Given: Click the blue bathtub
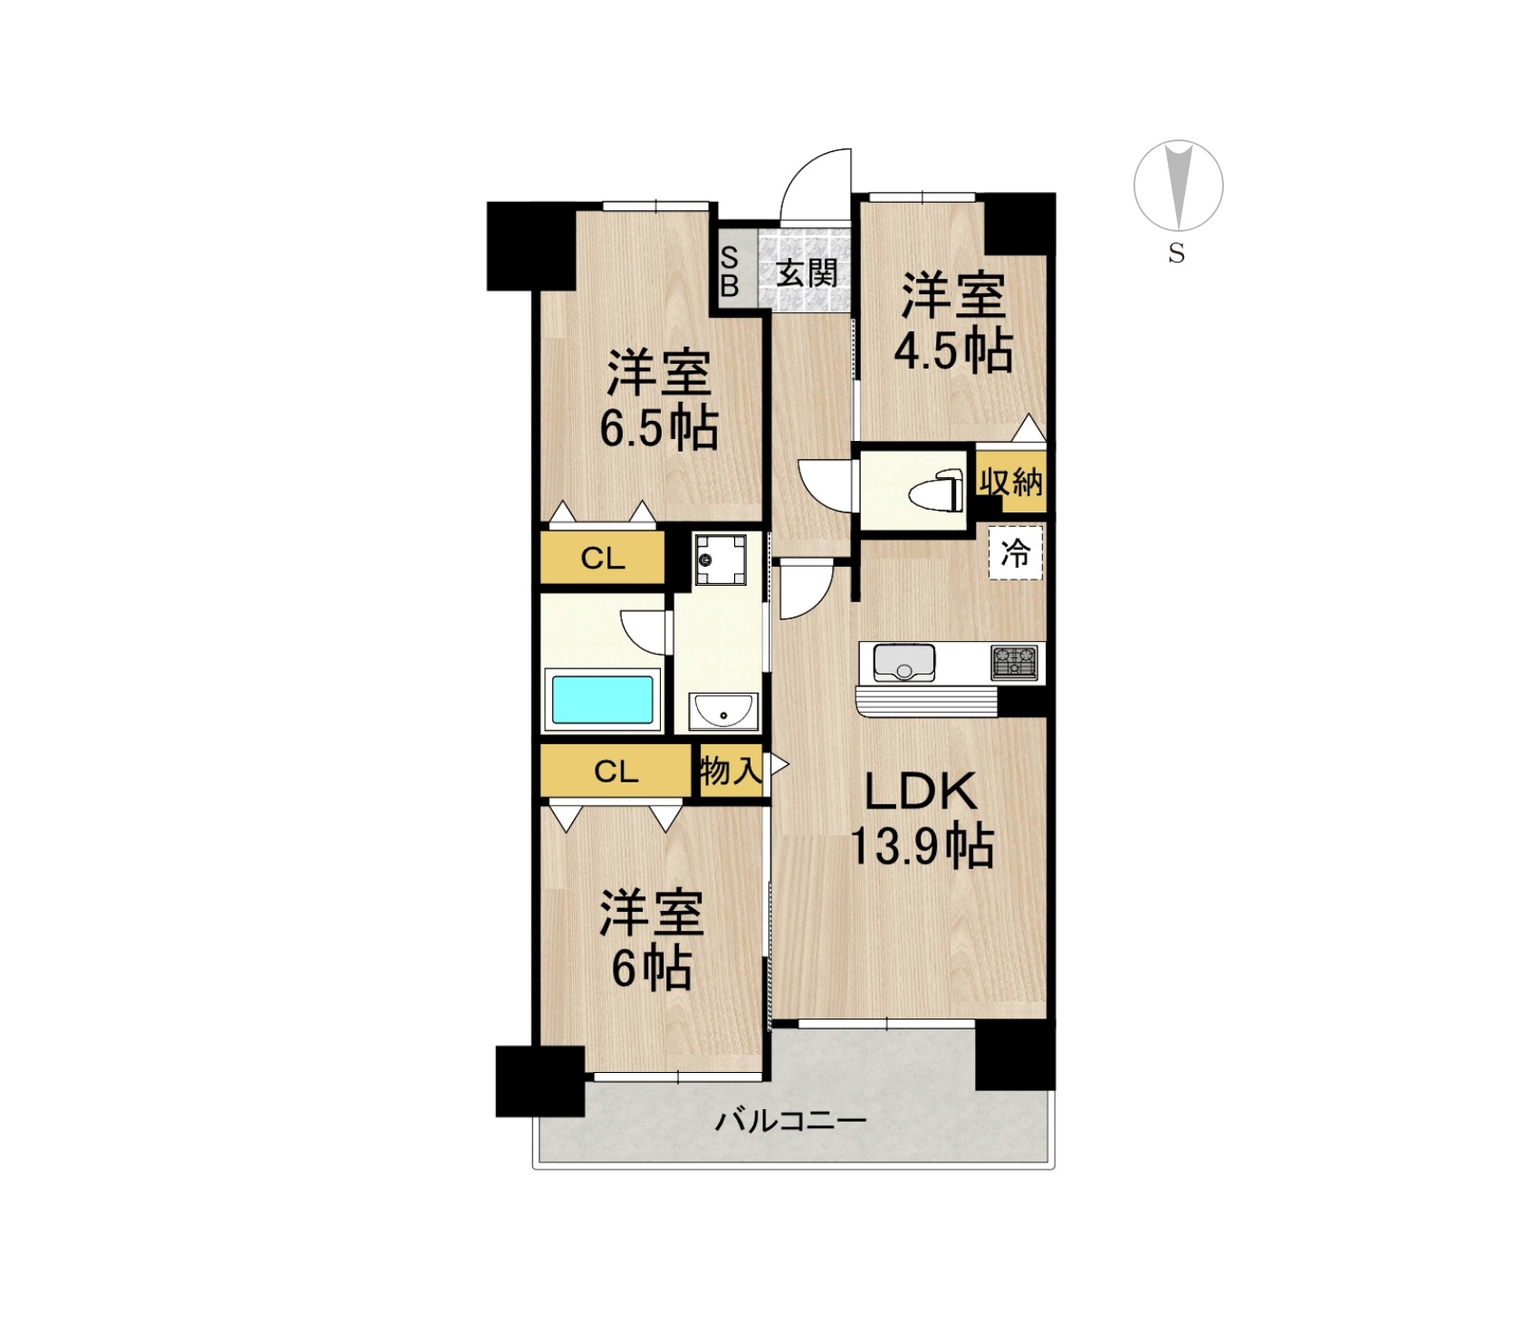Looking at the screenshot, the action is click(x=603, y=699).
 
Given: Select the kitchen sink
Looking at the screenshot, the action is click(x=903, y=663).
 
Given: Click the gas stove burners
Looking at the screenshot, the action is click(x=1014, y=663).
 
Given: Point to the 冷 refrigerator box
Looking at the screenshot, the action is click(x=1016, y=552).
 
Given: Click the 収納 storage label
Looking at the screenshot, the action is click(x=1010, y=482).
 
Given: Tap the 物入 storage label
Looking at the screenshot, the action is click(x=731, y=771).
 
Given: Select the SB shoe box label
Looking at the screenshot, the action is click(x=730, y=272).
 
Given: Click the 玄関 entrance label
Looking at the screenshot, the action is click(x=807, y=273).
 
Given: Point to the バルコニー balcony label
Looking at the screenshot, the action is click(x=791, y=1121).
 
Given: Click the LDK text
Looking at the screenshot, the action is click(x=921, y=791).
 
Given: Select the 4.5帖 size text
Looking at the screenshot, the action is click(x=953, y=350).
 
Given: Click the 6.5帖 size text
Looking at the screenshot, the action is click(x=659, y=427).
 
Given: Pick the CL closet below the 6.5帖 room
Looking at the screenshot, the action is click(x=603, y=558).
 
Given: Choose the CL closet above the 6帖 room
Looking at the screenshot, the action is click(x=617, y=771).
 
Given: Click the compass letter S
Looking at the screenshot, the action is click(x=1177, y=254).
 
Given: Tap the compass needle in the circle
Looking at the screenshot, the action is click(x=1179, y=186).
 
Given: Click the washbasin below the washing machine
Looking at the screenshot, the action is click(x=723, y=710).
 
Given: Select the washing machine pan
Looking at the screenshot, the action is click(x=721, y=559).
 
